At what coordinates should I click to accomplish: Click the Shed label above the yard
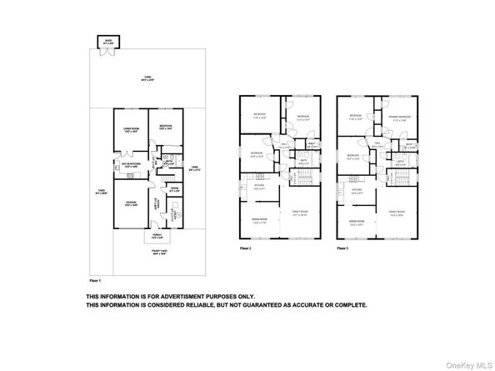(x=107, y=38)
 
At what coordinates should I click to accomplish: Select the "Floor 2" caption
(x=245, y=248)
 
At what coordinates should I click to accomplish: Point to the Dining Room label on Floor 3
(x=357, y=221)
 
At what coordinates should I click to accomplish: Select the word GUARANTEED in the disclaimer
(x=267, y=304)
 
